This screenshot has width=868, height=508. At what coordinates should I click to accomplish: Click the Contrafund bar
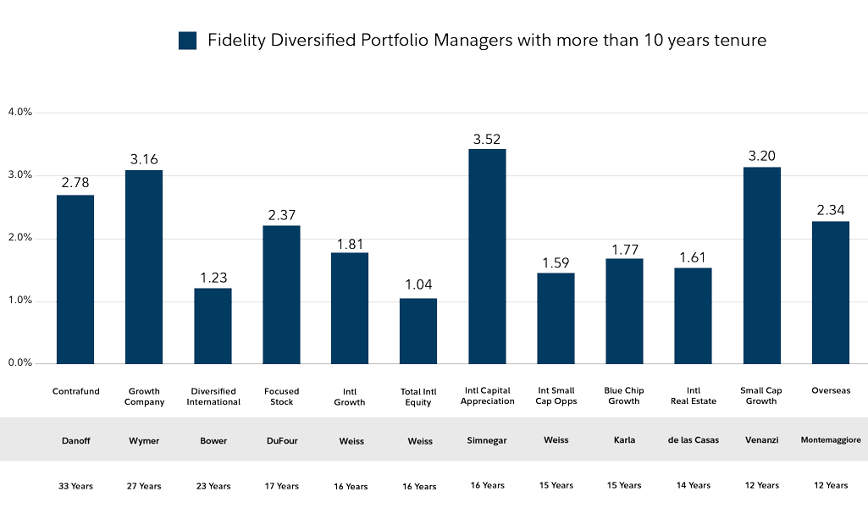coord(75,279)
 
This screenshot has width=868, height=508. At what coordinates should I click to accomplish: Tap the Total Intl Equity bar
coord(418,331)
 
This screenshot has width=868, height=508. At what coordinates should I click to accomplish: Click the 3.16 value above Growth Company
coord(144,159)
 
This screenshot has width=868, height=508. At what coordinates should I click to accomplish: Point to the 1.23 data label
coord(213,278)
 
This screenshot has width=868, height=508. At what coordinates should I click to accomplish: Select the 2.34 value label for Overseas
coord(831,210)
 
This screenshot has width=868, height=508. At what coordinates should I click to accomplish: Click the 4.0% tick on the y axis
coord(19,112)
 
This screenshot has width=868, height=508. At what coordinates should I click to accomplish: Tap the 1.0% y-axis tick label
coord(19,301)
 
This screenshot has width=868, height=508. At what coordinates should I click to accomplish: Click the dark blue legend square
coord(187,41)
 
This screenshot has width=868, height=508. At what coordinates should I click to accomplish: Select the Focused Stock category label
coord(281,396)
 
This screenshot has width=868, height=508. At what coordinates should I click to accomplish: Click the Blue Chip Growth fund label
coord(624,396)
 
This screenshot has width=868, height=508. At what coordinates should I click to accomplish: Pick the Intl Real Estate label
coord(693,396)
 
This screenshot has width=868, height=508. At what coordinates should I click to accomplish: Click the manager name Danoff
coord(75,441)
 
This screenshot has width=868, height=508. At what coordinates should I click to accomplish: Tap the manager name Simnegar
coord(487,441)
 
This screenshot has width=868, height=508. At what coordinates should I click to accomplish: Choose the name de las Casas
coord(693,441)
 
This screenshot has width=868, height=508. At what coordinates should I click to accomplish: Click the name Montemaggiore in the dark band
coord(831,441)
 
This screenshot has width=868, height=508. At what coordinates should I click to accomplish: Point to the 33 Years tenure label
coord(75,486)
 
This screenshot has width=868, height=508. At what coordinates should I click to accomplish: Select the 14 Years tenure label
coord(693,486)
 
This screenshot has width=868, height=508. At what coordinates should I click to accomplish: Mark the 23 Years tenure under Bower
coord(213,486)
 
